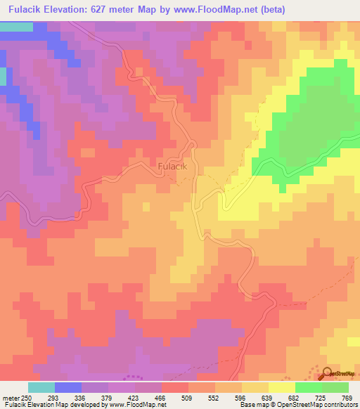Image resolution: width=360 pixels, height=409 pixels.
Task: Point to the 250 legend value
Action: pyautogui.click(x=26, y=398)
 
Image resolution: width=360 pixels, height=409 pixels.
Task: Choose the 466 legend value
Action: pyautogui.click(x=160, y=398)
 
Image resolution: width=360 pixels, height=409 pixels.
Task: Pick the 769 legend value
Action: pyautogui.click(x=347, y=398)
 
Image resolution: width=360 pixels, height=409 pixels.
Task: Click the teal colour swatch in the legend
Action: pyautogui.click(x=41, y=387)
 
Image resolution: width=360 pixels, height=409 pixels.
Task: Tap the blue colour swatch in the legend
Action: pyautogui.click(x=68, y=387)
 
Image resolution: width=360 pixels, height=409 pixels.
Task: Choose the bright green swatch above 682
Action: pyautogui.click(x=309, y=387)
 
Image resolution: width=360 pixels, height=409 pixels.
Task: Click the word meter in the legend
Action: pyautogui.click(x=11, y=398)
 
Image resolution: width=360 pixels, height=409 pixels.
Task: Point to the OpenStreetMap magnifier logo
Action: pyautogui.click(x=328, y=373)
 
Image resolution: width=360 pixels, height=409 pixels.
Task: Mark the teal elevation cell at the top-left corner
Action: pyautogui.click(x=16, y=27)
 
